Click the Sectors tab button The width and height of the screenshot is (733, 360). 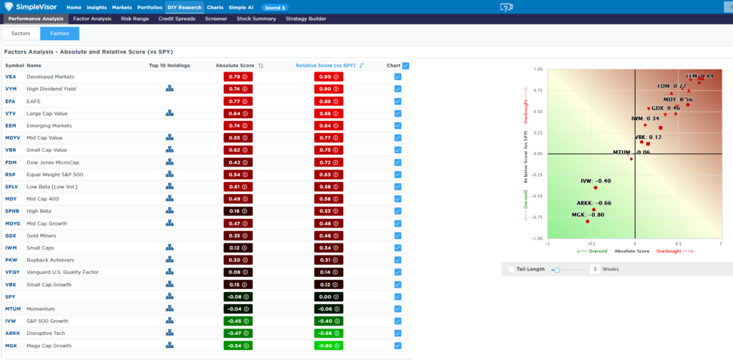pyautogui.click(x=21, y=34)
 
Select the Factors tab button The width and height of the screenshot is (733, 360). pyautogui.click(x=59, y=34)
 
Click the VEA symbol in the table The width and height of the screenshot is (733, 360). pyautogui.click(x=11, y=77)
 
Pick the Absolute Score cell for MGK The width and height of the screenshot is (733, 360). pyautogui.click(x=238, y=346)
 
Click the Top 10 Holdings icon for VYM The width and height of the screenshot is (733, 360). pyautogui.click(x=170, y=89)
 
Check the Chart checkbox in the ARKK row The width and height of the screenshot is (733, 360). pyautogui.click(x=397, y=334)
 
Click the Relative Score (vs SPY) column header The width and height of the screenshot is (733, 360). pyautogui.click(x=326, y=65)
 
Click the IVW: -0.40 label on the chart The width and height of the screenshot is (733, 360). pyautogui.click(x=596, y=181)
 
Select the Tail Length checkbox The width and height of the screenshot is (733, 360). pyautogui.click(x=510, y=270)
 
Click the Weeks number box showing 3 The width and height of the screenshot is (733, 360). pyautogui.click(x=594, y=270)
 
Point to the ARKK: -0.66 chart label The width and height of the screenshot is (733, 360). pyautogui.click(x=593, y=203)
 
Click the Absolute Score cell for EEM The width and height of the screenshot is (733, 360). pyautogui.click(x=238, y=125)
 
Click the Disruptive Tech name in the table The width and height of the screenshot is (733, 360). pyautogui.click(x=47, y=334)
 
